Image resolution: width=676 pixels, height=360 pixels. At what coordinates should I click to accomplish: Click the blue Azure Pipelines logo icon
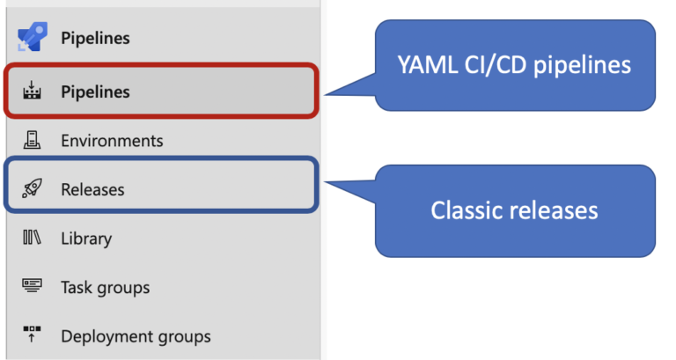point(31,39)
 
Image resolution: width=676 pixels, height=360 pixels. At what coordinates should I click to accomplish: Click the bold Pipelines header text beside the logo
point(95,39)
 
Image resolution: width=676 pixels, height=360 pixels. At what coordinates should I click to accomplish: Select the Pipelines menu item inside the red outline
point(95,92)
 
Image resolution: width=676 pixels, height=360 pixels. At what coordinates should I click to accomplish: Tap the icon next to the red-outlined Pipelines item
point(31,91)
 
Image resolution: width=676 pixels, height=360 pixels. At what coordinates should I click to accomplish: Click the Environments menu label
point(112,141)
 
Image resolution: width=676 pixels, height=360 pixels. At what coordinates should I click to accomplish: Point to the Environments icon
point(31,140)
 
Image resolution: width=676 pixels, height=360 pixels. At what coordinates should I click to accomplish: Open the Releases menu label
point(92,189)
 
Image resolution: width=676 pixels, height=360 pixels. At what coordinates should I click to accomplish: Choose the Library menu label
point(86,239)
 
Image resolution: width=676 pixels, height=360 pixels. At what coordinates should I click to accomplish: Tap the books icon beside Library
point(31,238)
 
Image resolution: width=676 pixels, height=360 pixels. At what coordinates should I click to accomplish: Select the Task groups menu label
point(105,288)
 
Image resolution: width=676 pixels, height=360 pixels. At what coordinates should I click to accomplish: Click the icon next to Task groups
point(31,287)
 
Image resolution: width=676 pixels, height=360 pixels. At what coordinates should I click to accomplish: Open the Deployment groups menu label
point(136,336)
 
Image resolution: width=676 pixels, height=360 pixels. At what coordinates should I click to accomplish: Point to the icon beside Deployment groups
point(31,335)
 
